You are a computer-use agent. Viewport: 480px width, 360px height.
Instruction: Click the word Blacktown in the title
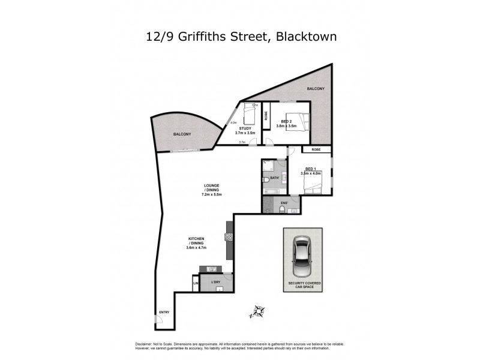[305, 37]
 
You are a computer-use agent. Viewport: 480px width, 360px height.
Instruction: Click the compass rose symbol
[257, 311]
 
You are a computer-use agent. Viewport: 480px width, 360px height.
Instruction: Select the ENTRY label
[163, 312]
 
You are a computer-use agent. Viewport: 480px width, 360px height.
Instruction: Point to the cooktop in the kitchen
[229, 236]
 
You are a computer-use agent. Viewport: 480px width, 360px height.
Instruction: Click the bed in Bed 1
[314, 186]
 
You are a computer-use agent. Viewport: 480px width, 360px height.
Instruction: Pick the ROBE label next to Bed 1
[316, 149]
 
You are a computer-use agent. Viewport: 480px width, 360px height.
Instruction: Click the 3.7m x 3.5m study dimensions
[245, 133]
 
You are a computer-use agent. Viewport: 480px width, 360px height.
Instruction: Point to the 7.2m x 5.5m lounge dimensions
[212, 194]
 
